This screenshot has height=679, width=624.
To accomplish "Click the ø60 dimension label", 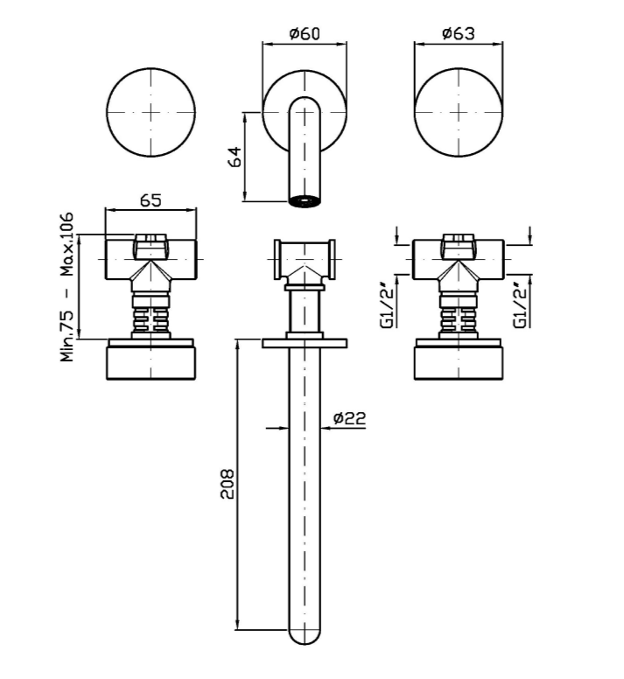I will coord(305,33).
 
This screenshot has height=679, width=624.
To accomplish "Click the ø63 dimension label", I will coord(458,33).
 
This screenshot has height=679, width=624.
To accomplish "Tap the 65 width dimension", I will coord(150,199).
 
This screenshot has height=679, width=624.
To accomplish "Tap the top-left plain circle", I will coord(150,114).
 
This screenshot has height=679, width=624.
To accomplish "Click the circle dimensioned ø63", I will coord(458,114).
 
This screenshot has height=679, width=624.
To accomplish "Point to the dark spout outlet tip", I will coord(304,200).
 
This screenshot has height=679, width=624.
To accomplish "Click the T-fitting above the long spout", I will coord(304,260).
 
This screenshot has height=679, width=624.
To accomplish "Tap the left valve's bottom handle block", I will coord(150,362).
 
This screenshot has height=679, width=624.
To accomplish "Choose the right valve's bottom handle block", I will coord(458,362).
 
